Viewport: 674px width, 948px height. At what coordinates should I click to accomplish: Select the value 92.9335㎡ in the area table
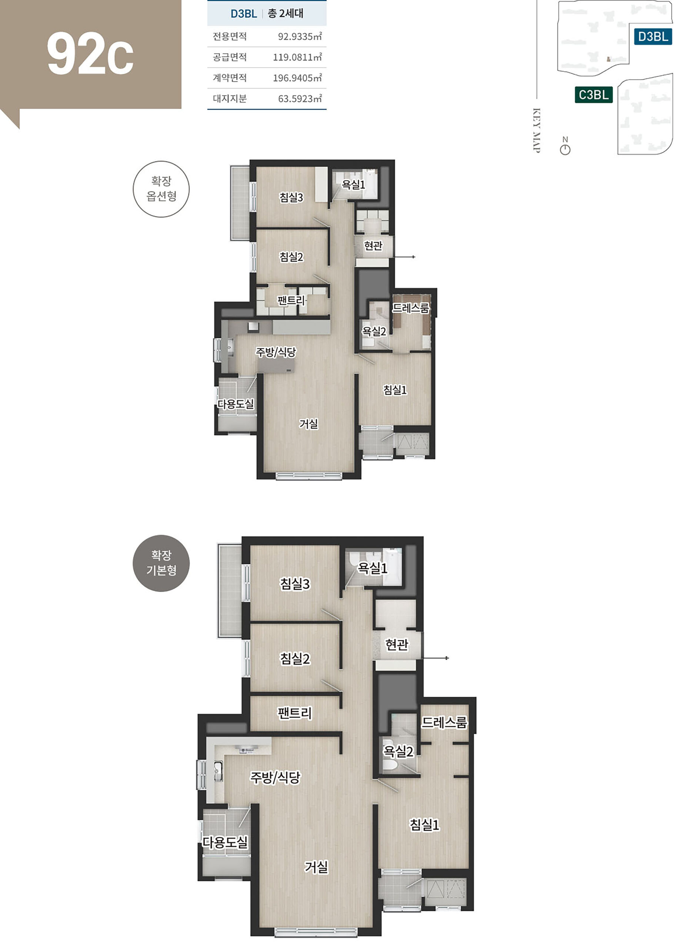tap(300, 37)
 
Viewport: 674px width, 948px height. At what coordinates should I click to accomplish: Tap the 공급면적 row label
tap(230, 57)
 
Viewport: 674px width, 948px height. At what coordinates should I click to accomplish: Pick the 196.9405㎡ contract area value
tap(297, 78)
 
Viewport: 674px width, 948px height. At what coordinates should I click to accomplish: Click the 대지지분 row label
tap(230, 99)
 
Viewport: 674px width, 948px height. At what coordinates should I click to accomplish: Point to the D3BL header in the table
tap(244, 14)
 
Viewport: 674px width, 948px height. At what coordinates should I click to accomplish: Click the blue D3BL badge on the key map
tap(653, 37)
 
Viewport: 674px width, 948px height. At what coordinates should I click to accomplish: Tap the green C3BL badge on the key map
tap(594, 94)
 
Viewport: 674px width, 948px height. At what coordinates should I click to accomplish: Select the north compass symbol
tap(565, 146)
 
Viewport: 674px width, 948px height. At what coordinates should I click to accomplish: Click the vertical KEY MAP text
tap(536, 131)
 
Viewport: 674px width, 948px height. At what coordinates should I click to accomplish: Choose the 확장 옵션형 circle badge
tap(161, 189)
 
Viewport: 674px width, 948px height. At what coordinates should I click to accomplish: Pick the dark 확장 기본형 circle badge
tap(161, 563)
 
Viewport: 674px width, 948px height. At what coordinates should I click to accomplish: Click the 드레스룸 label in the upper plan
tap(410, 308)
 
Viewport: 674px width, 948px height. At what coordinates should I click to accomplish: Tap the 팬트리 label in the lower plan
tap(295, 713)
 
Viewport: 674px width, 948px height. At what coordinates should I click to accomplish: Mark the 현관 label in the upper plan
tap(373, 246)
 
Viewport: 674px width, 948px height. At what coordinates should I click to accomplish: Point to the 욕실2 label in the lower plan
tap(398, 751)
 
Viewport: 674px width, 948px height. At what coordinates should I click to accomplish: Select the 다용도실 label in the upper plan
tap(236, 404)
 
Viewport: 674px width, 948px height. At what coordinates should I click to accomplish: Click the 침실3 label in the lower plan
tap(295, 584)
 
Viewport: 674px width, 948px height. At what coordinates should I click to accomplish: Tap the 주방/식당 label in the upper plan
tap(276, 352)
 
